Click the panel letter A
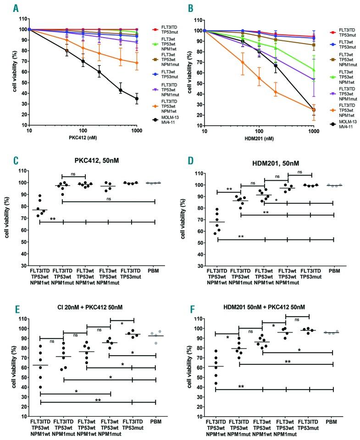(x=17, y=8)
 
